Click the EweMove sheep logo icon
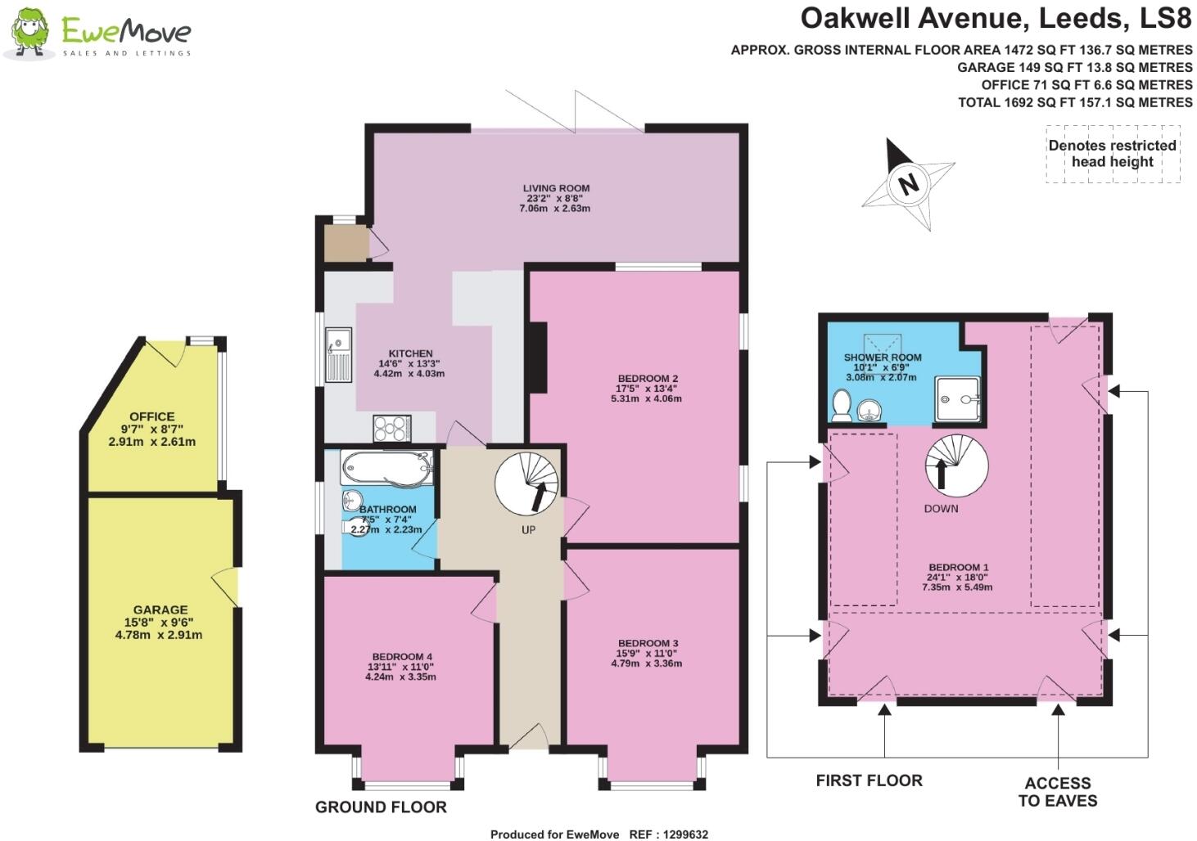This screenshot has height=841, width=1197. click(30, 33)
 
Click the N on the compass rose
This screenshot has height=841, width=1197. click(907, 183)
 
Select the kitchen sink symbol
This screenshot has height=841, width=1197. click(337, 355)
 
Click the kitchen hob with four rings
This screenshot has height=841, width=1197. click(392, 429)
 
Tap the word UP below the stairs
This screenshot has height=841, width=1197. click(528, 530)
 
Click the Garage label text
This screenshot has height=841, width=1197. click(160, 609)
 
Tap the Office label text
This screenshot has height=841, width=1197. click(151, 416)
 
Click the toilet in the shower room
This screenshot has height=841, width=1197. click(841, 406)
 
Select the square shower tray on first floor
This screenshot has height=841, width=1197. click(957, 400)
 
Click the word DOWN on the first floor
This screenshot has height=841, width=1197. click(940, 509)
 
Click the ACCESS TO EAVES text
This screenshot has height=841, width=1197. click(1057, 792)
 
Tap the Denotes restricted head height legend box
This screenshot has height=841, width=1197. click(1112, 154)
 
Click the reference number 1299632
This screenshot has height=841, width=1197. click(681, 834)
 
